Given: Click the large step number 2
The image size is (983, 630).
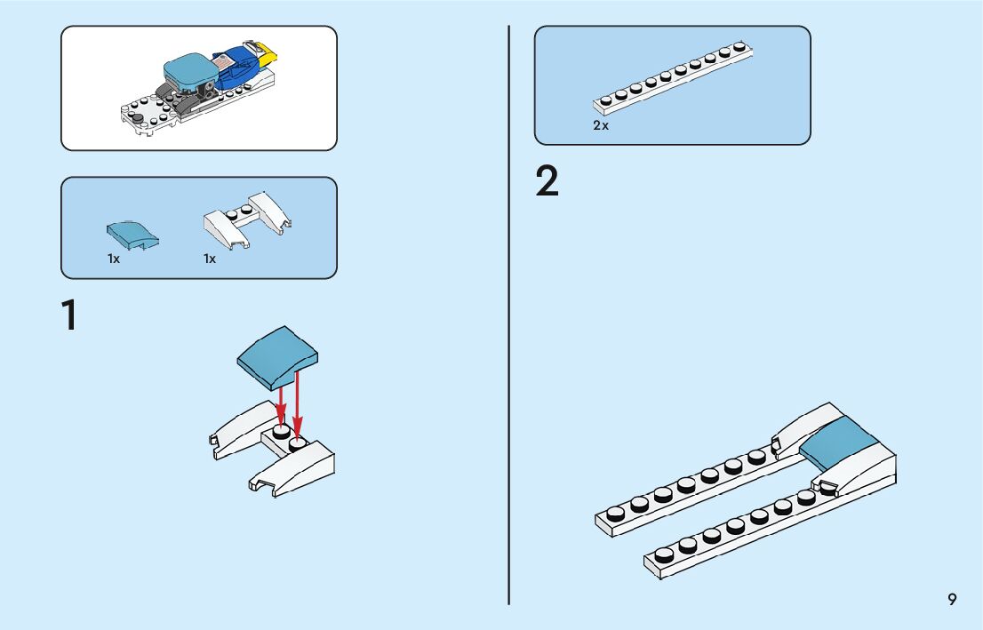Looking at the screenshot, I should (x=547, y=182).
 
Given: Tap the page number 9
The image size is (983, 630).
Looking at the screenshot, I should (x=952, y=600).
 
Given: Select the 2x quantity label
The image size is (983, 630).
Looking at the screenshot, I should (x=602, y=126).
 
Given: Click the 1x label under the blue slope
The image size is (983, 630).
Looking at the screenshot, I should (x=114, y=259).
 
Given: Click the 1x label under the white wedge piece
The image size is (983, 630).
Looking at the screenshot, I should (x=210, y=259).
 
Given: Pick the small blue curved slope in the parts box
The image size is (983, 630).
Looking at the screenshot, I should (x=132, y=235).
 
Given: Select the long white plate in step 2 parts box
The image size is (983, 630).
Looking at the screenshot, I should (x=675, y=78).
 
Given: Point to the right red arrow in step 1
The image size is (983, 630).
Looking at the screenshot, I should (x=298, y=405).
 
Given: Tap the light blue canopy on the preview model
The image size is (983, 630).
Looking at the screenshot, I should (x=189, y=71).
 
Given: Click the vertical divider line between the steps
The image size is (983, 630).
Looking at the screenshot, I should (x=509, y=355).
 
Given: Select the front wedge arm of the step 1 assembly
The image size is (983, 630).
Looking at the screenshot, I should (x=293, y=472).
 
